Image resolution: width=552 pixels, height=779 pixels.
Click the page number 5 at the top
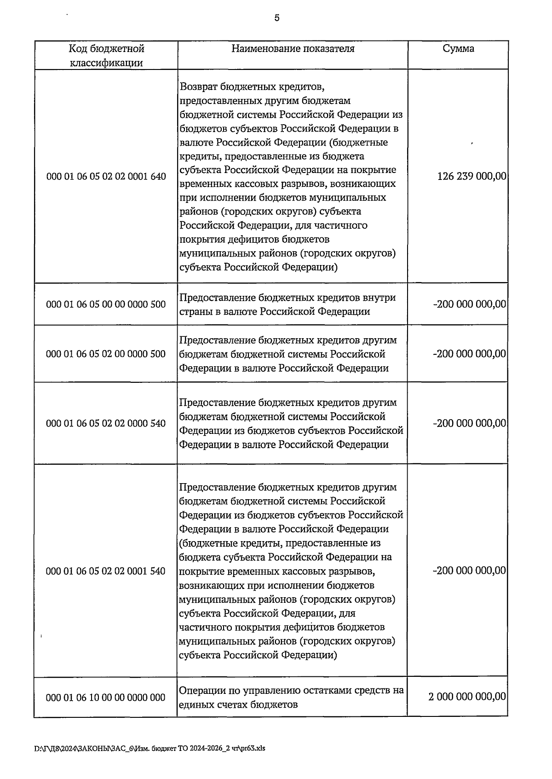[276, 18]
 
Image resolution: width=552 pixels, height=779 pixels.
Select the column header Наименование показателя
[293, 49]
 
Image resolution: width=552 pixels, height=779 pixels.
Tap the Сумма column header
[458, 49]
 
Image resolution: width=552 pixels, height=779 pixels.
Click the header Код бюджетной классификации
[106, 56]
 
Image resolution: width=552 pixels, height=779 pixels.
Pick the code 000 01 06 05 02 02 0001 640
[106, 177]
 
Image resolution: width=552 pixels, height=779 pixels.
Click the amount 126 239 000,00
[471, 176]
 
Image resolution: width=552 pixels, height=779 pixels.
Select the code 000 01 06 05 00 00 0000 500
[106, 304]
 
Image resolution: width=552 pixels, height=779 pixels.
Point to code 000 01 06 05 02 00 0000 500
[106, 354]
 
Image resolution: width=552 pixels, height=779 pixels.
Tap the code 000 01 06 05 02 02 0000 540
[106, 423]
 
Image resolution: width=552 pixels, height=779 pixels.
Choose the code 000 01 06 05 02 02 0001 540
[106, 571]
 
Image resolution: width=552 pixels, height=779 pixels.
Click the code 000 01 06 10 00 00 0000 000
[106, 698]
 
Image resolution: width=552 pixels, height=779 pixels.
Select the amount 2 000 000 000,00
[467, 697]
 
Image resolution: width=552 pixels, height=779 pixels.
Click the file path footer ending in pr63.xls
[150, 748]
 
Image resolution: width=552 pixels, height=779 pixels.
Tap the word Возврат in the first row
[199, 87]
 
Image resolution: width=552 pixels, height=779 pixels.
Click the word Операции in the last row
[201, 690]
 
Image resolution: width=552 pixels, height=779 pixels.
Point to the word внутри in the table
[379, 297]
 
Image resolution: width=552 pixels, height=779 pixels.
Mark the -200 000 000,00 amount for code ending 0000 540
[469, 423]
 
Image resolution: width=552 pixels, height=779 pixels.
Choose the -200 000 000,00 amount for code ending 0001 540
[469, 571]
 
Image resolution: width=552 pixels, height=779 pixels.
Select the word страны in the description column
[195, 312]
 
